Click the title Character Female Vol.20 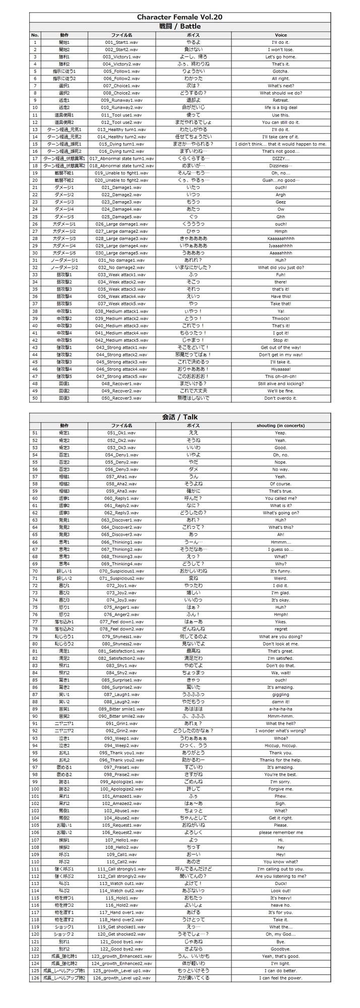(180, 17)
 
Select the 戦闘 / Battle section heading (180, 26)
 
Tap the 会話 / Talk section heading (180, 417)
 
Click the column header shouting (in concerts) (280, 425)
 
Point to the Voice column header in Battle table (280, 35)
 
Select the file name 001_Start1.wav (121, 42)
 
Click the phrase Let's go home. (280, 57)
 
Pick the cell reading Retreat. (280, 100)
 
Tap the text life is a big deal (280, 108)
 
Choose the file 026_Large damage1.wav (121, 224)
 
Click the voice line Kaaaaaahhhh (280, 238)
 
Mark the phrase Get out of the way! (280, 347)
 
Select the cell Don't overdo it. (280, 398)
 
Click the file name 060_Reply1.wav (121, 498)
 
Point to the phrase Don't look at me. (280, 644)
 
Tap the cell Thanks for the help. (280, 760)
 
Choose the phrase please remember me (280, 832)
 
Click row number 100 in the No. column (35, 789)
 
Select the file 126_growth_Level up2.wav (121, 978)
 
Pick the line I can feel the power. (280, 978)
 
